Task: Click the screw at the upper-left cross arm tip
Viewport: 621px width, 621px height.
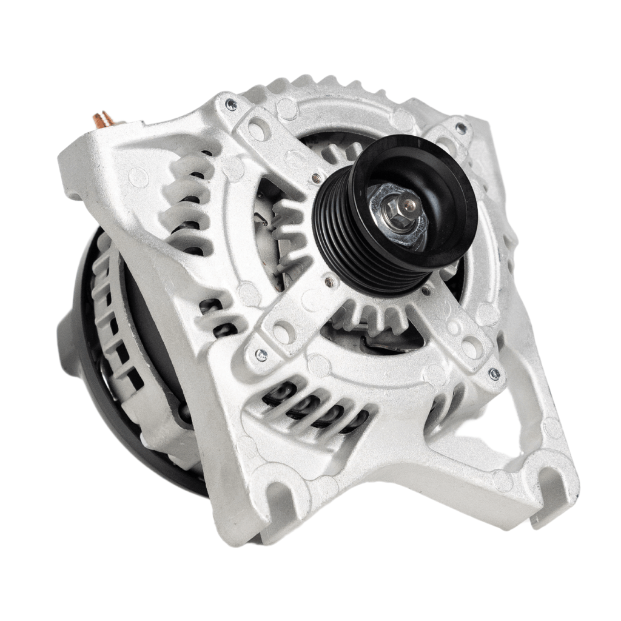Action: (230, 104)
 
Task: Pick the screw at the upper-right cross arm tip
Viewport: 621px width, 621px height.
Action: (461, 128)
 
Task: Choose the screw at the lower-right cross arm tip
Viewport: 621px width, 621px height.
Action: (494, 374)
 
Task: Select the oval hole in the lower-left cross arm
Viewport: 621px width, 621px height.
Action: (283, 332)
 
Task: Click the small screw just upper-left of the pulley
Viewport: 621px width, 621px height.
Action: (316, 178)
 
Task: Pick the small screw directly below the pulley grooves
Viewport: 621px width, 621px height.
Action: (329, 282)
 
